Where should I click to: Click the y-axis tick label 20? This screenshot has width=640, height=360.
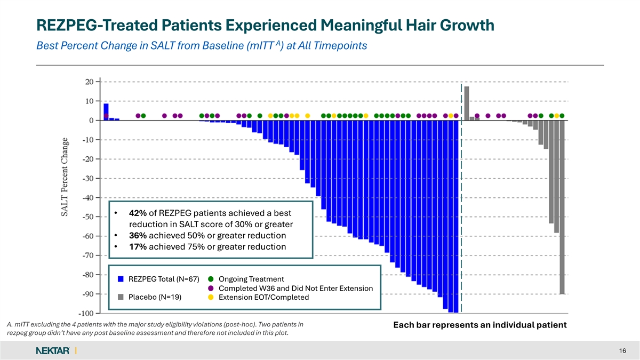89,82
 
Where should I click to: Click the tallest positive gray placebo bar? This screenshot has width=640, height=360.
467,103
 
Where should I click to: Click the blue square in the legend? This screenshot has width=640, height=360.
121,279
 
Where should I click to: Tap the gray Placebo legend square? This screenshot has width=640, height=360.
121,297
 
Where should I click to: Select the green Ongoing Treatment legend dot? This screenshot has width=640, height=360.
211,279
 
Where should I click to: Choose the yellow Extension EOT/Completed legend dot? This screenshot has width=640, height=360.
211,297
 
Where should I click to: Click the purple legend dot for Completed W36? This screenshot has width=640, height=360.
211,288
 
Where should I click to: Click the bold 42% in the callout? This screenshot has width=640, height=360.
138,213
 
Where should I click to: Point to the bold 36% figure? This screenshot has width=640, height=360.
138,236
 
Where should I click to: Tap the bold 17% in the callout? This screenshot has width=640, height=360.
138,247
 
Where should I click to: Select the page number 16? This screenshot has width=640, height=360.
622,350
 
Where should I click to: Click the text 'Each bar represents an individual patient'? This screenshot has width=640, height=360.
479,325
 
